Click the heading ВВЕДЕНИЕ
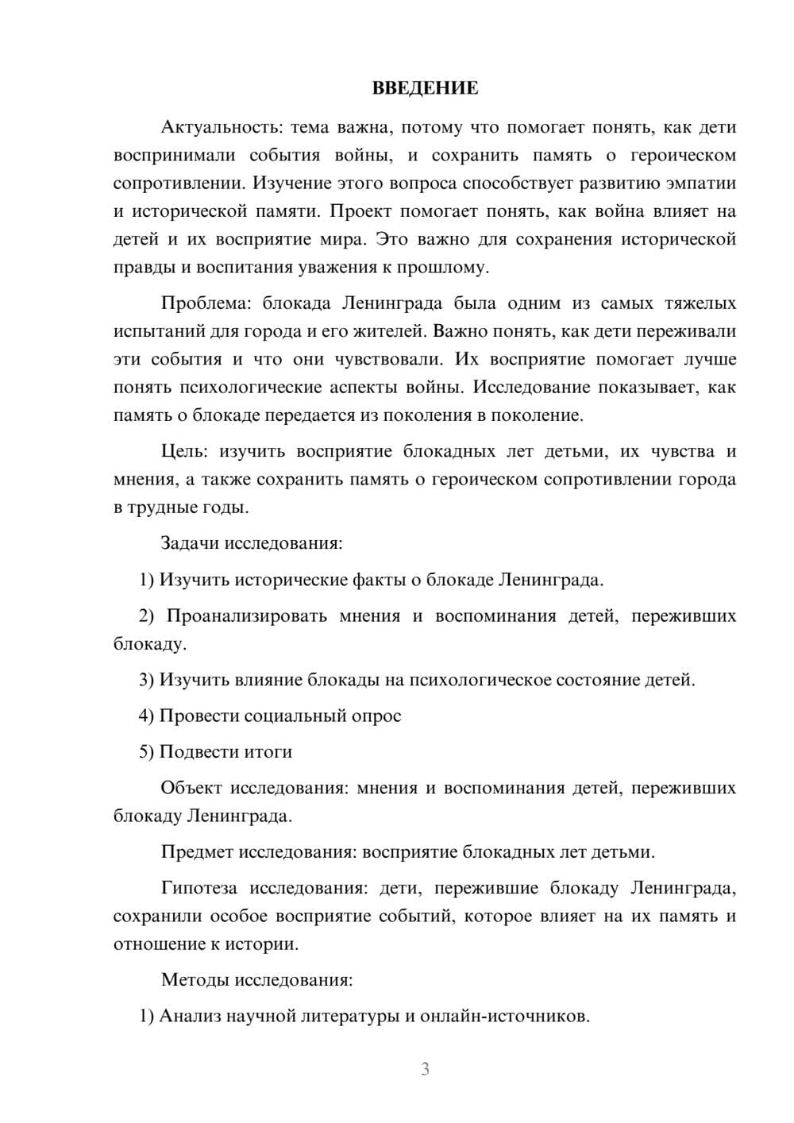(425, 88)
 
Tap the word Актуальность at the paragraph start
(220, 127)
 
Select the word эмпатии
(702, 183)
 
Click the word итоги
(267, 751)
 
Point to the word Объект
(191, 788)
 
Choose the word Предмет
(197, 852)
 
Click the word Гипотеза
(200, 888)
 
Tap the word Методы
(195, 979)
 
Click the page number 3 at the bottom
(425, 1069)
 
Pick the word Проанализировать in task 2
(246, 616)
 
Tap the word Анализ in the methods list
(190, 1016)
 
